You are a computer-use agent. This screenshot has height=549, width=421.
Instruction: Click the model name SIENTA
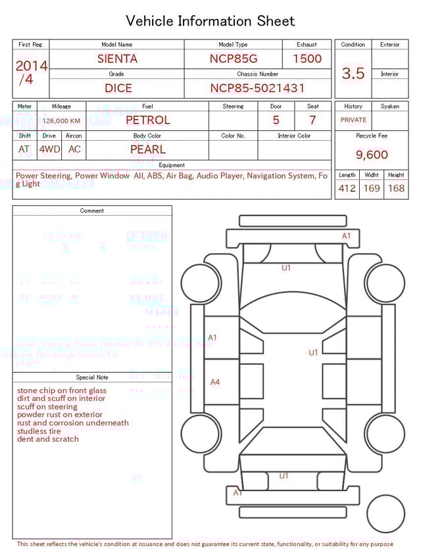pyautogui.click(x=117, y=59)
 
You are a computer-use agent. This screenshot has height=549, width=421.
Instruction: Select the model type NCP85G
pyautogui.click(x=234, y=59)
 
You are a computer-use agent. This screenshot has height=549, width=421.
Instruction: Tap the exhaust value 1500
pyautogui.click(x=307, y=59)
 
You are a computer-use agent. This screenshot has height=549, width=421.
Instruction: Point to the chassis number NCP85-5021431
pyautogui.click(x=257, y=88)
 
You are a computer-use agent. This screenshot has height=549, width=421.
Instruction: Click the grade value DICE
pyautogui.click(x=118, y=88)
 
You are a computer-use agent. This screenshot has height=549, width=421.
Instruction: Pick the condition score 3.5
pyautogui.click(x=353, y=73)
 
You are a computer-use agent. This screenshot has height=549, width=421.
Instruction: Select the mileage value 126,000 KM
pyautogui.click(x=61, y=121)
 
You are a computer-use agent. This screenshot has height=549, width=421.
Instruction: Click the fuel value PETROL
pyautogui.click(x=147, y=120)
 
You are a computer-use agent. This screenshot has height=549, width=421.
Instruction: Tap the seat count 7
pyautogui.click(x=312, y=120)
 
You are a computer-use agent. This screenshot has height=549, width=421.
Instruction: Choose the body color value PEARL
pyautogui.click(x=147, y=149)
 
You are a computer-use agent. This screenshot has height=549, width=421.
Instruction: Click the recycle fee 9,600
pyautogui.click(x=372, y=155)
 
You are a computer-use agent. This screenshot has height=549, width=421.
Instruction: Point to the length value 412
pyautogui.click(x=347, y=189)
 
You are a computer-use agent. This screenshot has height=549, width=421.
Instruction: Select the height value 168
pyautogui.click(x=396, y=189)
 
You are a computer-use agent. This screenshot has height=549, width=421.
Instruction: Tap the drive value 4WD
pyautogui.click(x=49, y=149)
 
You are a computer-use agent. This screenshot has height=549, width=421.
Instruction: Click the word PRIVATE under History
pyautogui.click(x=353, y=120)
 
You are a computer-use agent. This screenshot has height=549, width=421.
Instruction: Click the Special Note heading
pyautogui.click(x=92, y=377)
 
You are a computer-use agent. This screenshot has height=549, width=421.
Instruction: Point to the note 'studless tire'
pyautogui.click(x=39, y=431)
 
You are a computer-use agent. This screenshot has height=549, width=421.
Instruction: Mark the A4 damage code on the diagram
pyautogui.click(x=215, y=382)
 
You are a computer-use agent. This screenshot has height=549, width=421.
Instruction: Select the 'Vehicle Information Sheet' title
pyautogui.click(x=210, y=21)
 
